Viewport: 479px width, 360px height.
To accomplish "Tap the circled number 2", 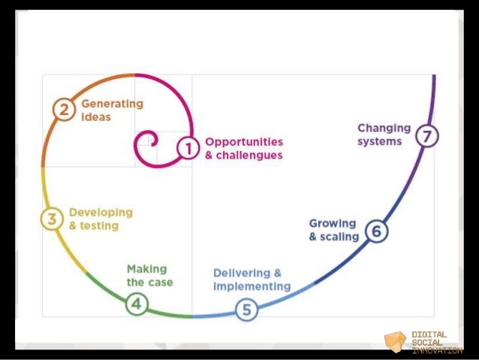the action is (x=65, y=110).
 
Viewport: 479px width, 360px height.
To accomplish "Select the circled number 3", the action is (x=52, y=219).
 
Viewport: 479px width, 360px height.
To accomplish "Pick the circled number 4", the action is (x=137, y=304).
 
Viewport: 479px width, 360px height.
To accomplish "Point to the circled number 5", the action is (x=246, y=308).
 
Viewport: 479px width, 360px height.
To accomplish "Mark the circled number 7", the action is (x=427, y=136).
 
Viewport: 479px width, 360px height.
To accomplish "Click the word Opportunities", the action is (x=244, y=142).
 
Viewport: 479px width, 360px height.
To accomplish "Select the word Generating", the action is (x=112, y=104).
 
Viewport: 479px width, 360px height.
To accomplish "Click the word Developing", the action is (x=101, y=212).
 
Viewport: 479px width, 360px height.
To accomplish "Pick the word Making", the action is (x=147, y=268).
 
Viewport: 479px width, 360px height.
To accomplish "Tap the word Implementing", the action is (x=252, y=286).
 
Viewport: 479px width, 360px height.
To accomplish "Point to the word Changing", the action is (x=384, y=128).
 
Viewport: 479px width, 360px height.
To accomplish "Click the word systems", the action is (x=379, y=141).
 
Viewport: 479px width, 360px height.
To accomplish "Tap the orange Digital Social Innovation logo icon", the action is (x=395, y=342).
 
